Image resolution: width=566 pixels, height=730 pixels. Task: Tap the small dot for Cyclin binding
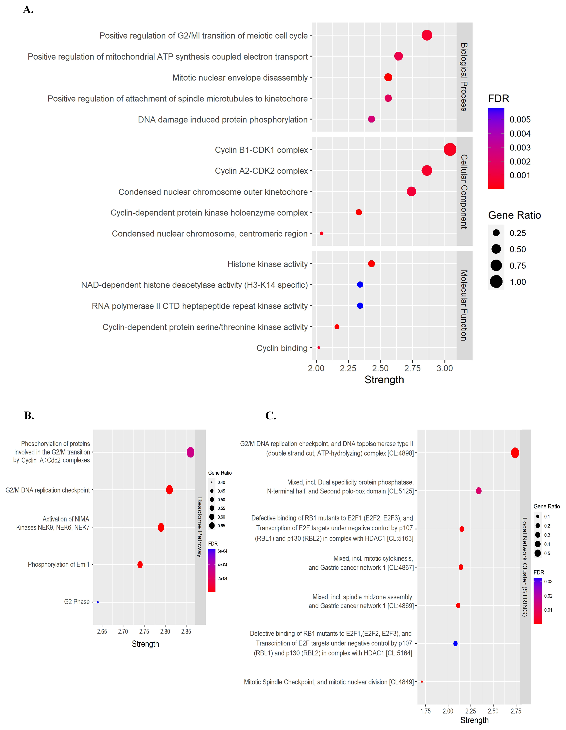[319, 348]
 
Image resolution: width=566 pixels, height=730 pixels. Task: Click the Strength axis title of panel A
[384, 380]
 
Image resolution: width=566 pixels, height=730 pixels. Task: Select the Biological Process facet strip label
[464, 77]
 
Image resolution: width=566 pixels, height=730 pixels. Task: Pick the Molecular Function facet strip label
[464, 305]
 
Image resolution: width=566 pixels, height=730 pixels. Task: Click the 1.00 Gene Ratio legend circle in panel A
[496, 282]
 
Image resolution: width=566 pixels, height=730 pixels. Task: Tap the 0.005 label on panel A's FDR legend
[520, 120]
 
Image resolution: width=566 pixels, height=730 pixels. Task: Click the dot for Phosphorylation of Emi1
[140, 565]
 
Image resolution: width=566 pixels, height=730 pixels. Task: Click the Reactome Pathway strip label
[200, 527]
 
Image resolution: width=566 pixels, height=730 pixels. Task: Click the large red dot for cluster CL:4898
[515, 453]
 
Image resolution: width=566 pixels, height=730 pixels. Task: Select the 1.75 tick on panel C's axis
[425, 711]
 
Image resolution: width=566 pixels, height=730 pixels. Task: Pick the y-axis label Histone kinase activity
[267, 264]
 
